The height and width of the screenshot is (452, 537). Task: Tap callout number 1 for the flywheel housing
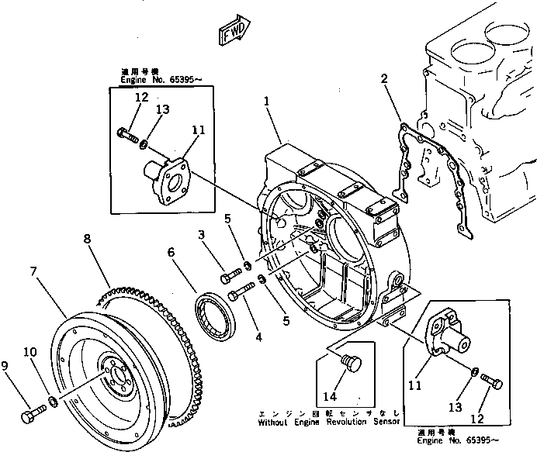[x=265, y=102]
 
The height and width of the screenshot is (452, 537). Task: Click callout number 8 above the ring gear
[x=88, y=239]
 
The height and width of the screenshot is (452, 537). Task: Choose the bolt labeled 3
[x=232, y=273]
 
